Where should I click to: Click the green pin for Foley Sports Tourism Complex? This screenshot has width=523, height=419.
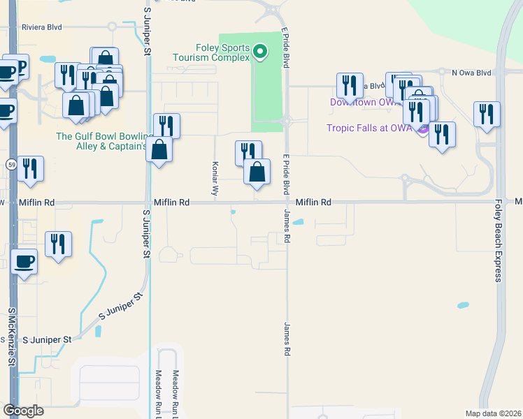tap(259, 51)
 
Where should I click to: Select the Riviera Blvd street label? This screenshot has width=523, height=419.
tap(42, 27)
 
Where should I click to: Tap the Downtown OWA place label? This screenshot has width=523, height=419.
tap(364, 103)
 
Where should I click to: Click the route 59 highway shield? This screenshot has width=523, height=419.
tap(11, 164)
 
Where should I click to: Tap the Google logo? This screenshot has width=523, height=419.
tap(24, 411)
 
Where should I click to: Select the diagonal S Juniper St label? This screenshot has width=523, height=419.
tap(120, 306)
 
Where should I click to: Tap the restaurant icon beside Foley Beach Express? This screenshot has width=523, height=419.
tap(487, 113)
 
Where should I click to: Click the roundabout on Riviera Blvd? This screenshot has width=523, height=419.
tap(112, 27)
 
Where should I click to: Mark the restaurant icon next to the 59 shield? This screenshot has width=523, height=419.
tap(30, 168)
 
